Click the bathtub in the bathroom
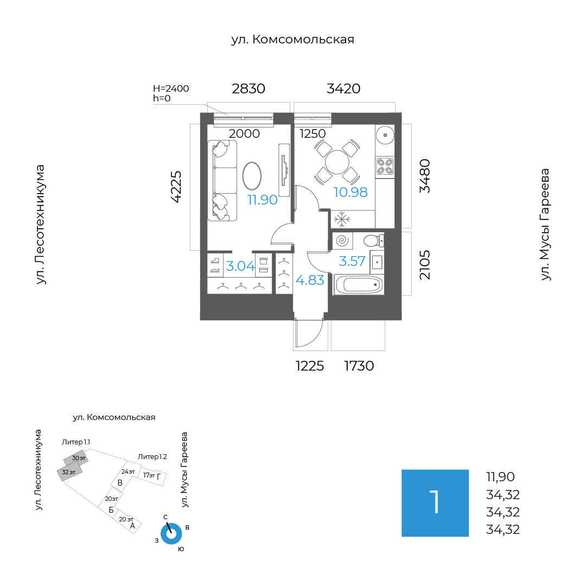[x=359, y=284]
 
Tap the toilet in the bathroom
[x=373, y=240]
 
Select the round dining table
[x=337, y=162]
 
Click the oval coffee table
[x=252, y=175]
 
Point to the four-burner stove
[x=385, y=165]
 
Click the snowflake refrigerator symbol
[x=341, y=220]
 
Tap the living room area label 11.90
[x=263, y=200]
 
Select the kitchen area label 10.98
[x=351, y=192]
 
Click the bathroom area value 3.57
[x=352, y=262]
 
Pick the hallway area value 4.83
[x=310, y=281]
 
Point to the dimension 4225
[x=177, y=187]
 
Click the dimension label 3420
[x=343, y=88]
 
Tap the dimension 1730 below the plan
[x=359, y=366]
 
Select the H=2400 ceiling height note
[x=171, y=88]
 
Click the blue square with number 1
[x=435, y=503]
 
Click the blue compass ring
[x=171, y=534]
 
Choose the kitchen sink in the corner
[x=385, y=133]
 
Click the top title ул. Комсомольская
[x=292, y=40]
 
